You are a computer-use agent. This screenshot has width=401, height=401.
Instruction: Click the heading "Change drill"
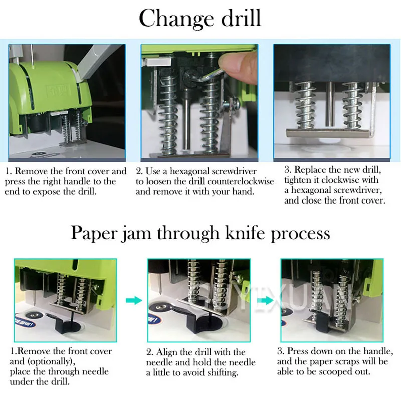tap(200, 18)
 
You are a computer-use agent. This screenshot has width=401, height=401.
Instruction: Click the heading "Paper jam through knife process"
tap(200, 234)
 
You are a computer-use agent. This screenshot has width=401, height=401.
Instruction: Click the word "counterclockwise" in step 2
tap(243, 182)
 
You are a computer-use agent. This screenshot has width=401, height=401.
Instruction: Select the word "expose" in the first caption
tap(47, 192)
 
